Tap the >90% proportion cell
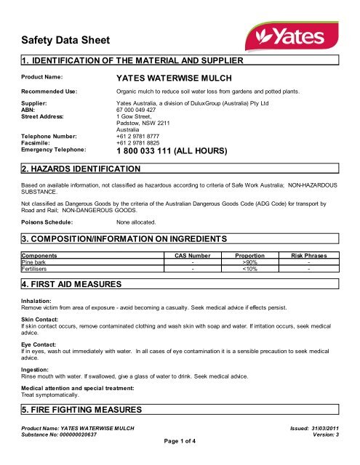pos(249,262)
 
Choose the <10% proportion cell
pos(249,269)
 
